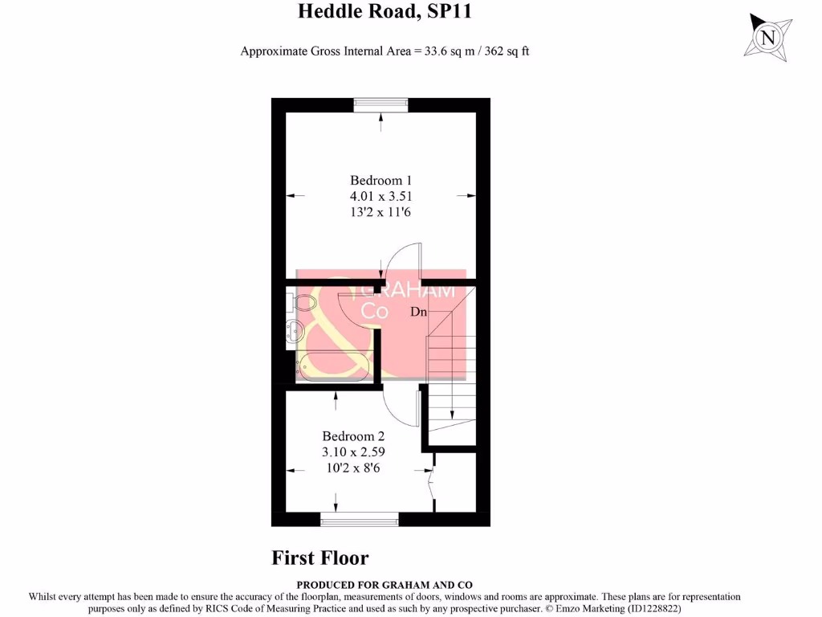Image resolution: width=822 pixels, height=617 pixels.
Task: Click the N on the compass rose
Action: [x=768, y=38]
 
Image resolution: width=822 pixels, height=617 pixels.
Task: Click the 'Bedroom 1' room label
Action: [x=381, y=180]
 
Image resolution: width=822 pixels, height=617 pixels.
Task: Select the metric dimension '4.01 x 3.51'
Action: [x=381, y=196]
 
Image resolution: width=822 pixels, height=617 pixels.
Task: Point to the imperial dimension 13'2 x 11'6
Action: [x=381, y=212]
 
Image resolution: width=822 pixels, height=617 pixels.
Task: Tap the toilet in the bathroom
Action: [x=299, y=303]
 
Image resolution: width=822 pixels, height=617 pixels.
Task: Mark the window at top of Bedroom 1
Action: [x=380, y=105]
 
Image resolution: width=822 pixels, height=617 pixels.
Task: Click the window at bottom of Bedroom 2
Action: [x=359, y=520]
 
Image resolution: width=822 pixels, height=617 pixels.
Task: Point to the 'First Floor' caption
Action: [x=319, y=558]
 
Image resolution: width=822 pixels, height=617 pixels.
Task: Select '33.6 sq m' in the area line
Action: [x=446, y=51]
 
